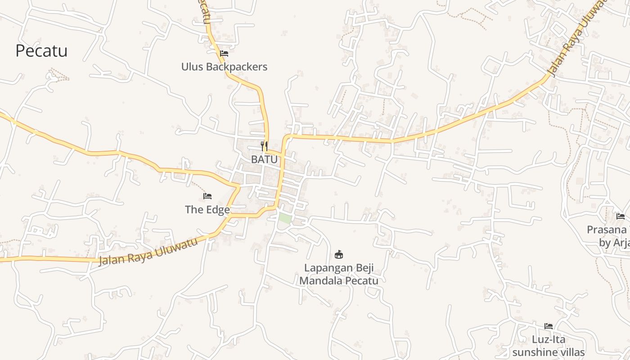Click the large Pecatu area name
(x=41, y=51)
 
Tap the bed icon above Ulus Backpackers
(x=224, y=54)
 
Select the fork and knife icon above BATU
(x=264, y=146)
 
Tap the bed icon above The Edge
(x=207, y=196)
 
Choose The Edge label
(x=207, y=210)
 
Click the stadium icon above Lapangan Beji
(x=339, y=255)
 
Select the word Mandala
(x=318, y=281)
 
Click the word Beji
(x=364, y=268)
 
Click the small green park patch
(x=284, y=218)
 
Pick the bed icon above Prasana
(x=621, y=216)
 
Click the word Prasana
(x=606, y=230)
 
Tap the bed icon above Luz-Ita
(x=549, y=326)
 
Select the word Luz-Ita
(x=549, y=339)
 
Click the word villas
(x=571, y=352)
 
